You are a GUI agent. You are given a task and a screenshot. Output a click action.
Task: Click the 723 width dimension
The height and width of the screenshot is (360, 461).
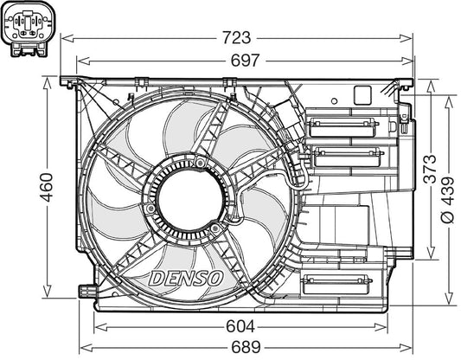(237, 37)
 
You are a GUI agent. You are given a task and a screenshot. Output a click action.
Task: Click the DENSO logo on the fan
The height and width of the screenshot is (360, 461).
(187, 277)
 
